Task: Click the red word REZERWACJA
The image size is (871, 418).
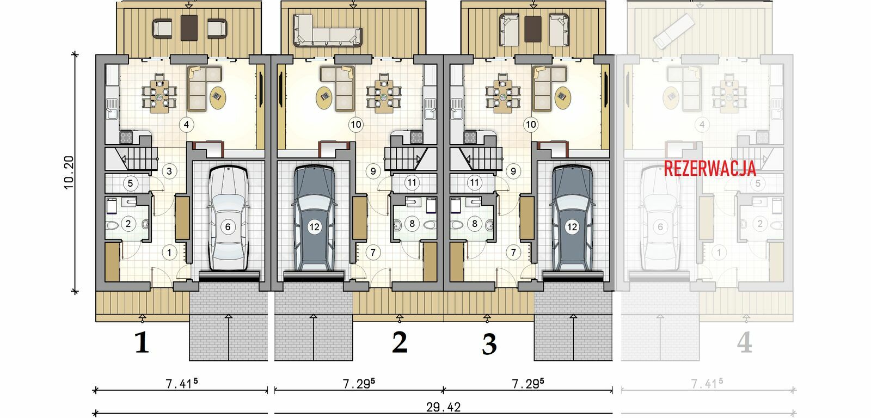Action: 710,168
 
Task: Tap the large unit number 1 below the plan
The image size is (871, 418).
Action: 142,342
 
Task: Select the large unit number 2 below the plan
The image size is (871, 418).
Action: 400,342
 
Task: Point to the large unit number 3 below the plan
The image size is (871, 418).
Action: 489,344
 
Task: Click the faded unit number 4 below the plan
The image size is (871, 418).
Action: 745,342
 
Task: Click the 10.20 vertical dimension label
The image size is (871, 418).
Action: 69,173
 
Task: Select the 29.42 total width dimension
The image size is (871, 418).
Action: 443,407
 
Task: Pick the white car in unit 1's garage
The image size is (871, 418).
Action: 228,218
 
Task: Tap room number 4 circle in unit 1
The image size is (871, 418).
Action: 186,125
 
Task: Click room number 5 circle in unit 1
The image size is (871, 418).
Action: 130,183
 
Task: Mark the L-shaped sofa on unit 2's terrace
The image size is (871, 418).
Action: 328,30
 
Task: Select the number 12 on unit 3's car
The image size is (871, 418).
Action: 572,227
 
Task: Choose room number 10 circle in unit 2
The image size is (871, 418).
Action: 356,125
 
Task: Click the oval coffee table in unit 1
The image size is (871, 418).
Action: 218,98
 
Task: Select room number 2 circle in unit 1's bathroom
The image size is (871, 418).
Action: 128,224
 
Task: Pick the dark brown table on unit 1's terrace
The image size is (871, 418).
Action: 189,28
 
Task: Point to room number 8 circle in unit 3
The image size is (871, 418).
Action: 474,224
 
